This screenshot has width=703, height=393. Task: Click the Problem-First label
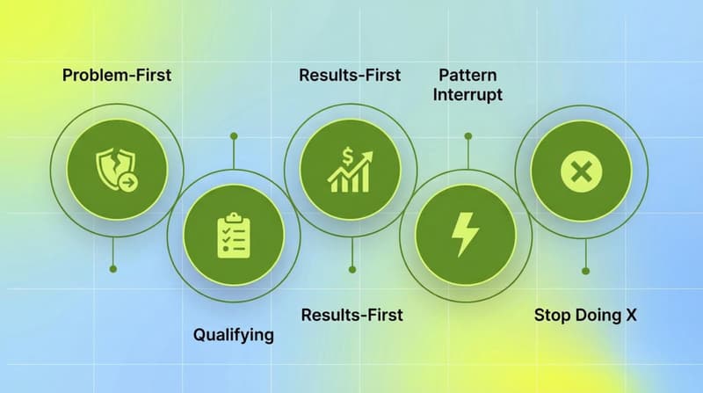pos(117,75)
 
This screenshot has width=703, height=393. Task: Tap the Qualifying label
pos(233,334)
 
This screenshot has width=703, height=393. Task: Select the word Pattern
pos(467,75)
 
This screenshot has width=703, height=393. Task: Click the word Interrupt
pos(467,95)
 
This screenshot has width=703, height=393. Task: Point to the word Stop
pos(553,315)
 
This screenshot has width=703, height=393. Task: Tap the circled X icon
pos(582,171)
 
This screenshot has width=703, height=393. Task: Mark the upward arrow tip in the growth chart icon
pos(368,155)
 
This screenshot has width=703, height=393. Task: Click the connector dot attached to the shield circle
pos(112,268)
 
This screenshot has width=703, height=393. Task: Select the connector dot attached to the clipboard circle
pos(233,136)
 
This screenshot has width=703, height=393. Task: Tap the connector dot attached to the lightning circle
pos(467,136)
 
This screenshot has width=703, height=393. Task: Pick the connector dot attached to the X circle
pos(586,270)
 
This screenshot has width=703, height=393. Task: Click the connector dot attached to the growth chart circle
pos(351,270)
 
